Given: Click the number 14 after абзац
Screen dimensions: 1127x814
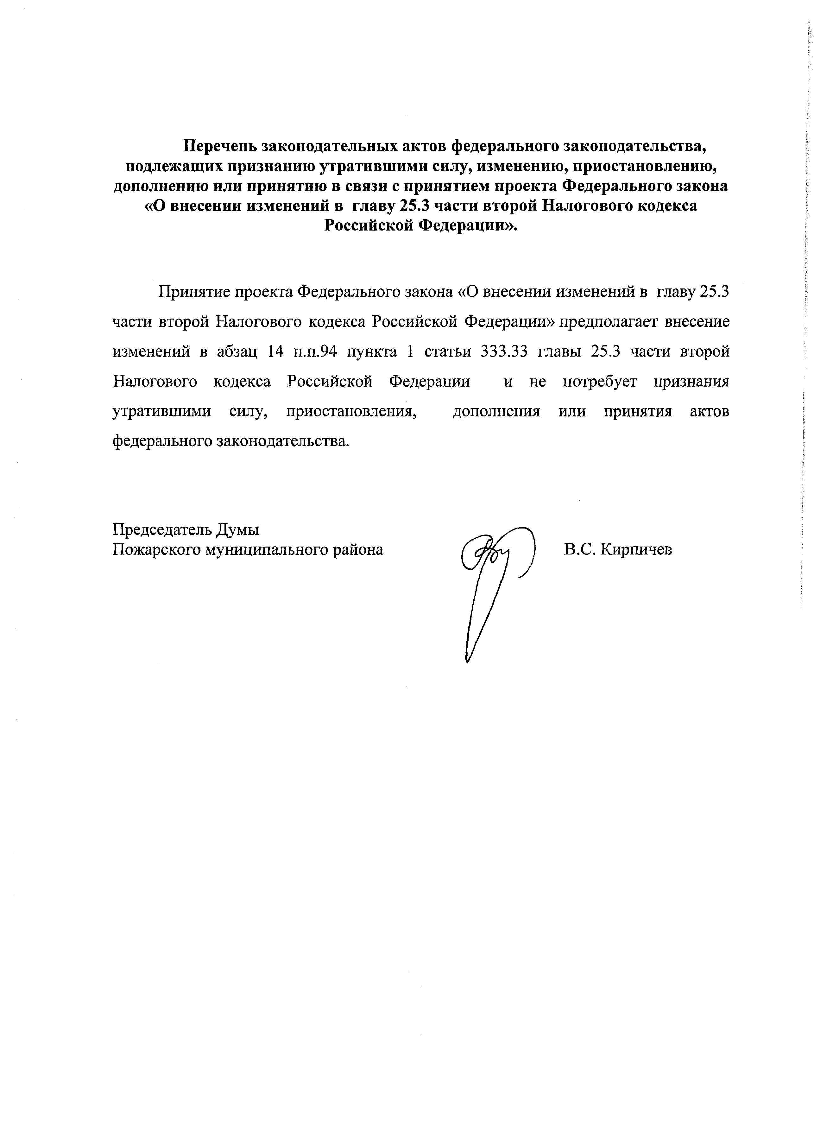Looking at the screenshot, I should pos(275,352).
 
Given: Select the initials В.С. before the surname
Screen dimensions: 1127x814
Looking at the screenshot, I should pos(579,550).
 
